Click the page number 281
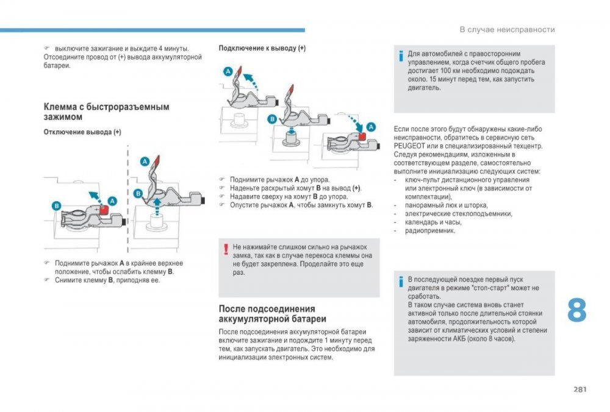point(579,389)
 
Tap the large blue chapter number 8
point(576,311)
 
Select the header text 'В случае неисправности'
point(507,29)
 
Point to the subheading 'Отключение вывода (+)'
point(82,132)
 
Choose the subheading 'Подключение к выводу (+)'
point(262,48)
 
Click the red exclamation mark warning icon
point(226,249)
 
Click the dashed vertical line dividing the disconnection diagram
point(127,201)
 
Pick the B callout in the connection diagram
point(272,119)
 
